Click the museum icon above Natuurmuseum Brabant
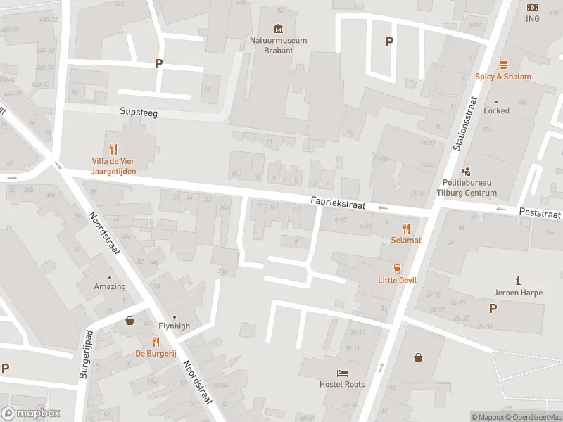point(279,29)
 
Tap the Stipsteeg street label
point(139,112)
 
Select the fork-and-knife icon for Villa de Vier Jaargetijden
point(113,149)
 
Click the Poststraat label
point(540,212)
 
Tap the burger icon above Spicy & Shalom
point(503,65)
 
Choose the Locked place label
point(496,110)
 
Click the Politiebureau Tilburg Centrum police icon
point(466,171)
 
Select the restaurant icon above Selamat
point(406,229)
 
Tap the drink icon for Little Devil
point(397,268)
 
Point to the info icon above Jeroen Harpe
point(518,281)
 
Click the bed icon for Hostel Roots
point(342,373)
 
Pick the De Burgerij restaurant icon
point(156,342)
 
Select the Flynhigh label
point(174,326)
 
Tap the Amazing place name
point(110,286)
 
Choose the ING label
point(532,19)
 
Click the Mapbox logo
point(31,413)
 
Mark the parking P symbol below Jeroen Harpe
point(493,308)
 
